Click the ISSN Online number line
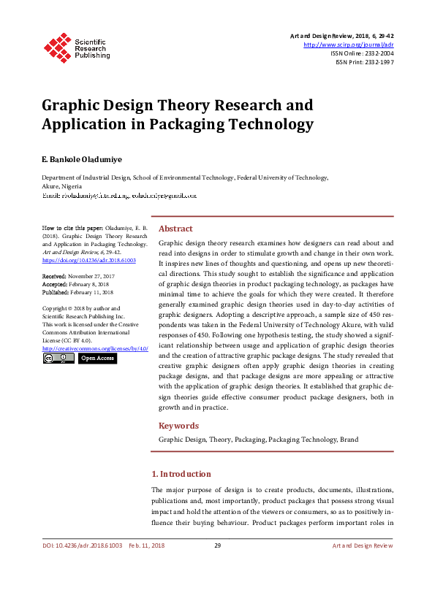363,53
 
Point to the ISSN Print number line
364,63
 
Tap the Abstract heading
175,228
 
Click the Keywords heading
178,426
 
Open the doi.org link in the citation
89,260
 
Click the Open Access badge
97,359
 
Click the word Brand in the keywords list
349,440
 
